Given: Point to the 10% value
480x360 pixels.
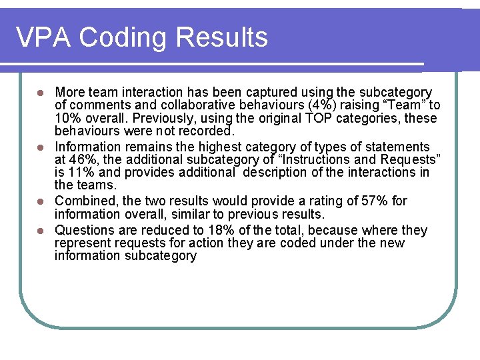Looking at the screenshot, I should (x=67, y=119).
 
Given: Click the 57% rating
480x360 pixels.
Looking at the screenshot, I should (x=397, y=201).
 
